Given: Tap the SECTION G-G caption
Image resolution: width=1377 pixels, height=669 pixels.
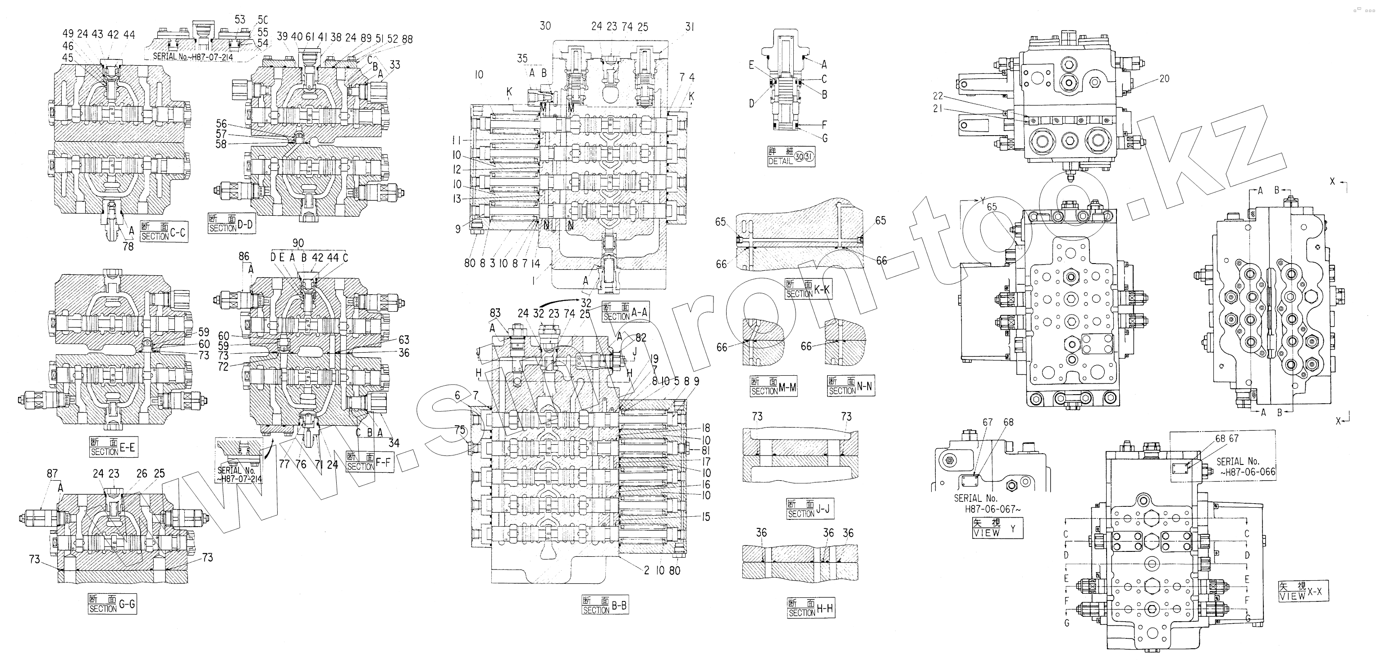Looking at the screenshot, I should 112,604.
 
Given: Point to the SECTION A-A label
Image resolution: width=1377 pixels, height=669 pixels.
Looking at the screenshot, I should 626,311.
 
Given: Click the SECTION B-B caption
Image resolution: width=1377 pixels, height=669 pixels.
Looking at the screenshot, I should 604,605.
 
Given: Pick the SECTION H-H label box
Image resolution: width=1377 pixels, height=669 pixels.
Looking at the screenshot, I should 810,608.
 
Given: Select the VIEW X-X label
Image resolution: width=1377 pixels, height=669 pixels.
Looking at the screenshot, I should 1303,591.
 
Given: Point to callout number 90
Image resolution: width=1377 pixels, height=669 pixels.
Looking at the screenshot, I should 298,244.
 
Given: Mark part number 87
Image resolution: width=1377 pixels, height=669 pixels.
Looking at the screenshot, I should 52,473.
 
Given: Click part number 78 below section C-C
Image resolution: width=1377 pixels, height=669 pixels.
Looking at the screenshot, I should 128,247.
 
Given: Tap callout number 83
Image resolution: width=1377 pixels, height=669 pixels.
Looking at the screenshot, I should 495,313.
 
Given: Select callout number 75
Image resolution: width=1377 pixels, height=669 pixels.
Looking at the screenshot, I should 460,430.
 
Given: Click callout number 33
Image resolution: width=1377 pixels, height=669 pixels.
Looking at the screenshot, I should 394,65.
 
